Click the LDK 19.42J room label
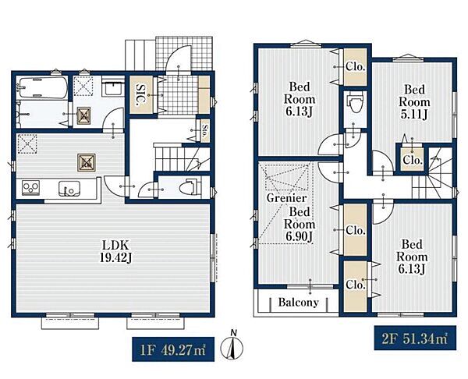(x=115, y=252)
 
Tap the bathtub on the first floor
(x=41, y=87)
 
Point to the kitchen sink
(x=69, y=188)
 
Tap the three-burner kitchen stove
(x=30, y=188)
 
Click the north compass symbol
(x=232, y=346)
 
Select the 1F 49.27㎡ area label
(x=173, y=349)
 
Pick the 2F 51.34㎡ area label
(x=415, y=338)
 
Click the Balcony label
(x=298, y=303)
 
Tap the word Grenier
(x=286, y=198)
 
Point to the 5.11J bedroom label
(x=414, y=102)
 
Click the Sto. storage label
(x=204, y=131)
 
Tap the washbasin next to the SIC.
(x=113, y=87)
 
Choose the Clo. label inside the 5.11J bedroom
(x=413, y=160)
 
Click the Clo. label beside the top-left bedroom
(x=355, y=67)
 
